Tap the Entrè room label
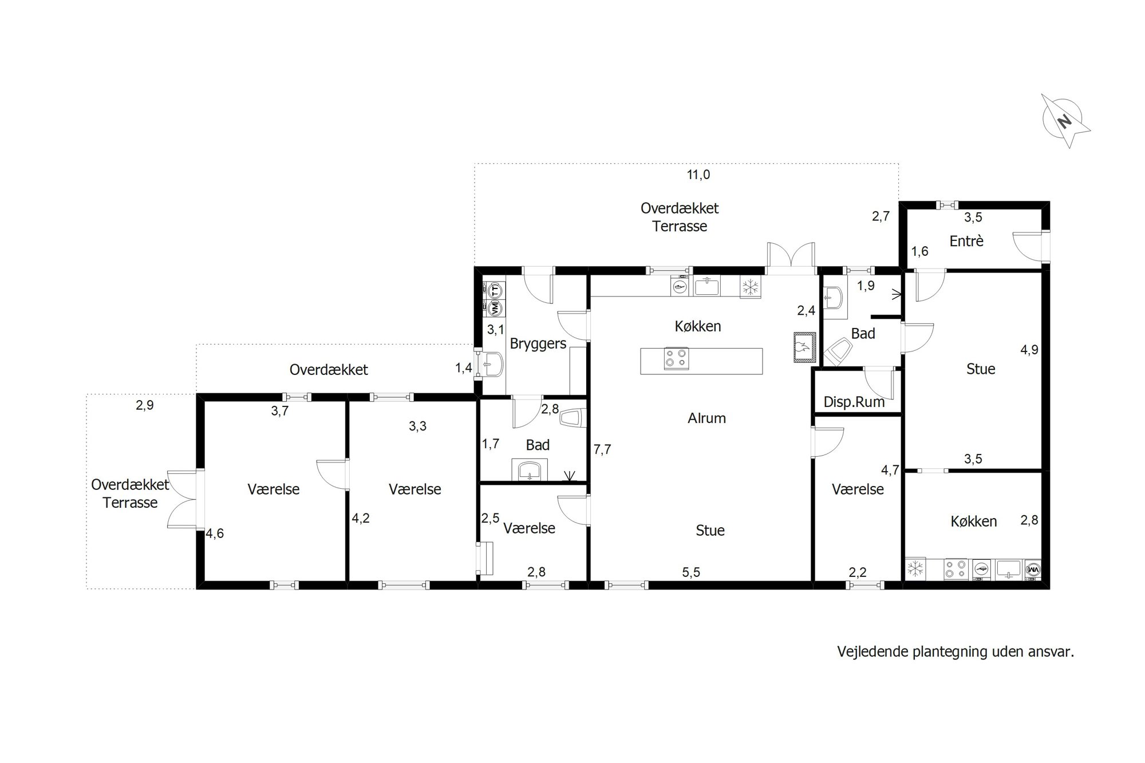point(966,242)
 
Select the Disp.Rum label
point(854,402)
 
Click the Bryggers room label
point(538,344)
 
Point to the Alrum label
point(706,418)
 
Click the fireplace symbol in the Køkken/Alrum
point(804,347)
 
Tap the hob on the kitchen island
point(676,359)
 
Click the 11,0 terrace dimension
point(698,175)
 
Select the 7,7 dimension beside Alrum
point(602,449)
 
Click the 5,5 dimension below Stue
point(691,572)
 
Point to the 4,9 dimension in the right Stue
point(1029,350)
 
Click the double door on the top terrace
point(791,255)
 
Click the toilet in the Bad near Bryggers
point(573,417)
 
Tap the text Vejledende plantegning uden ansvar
point(956,652)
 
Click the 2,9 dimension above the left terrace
point(145,405)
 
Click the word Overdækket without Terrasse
point(329,370)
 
